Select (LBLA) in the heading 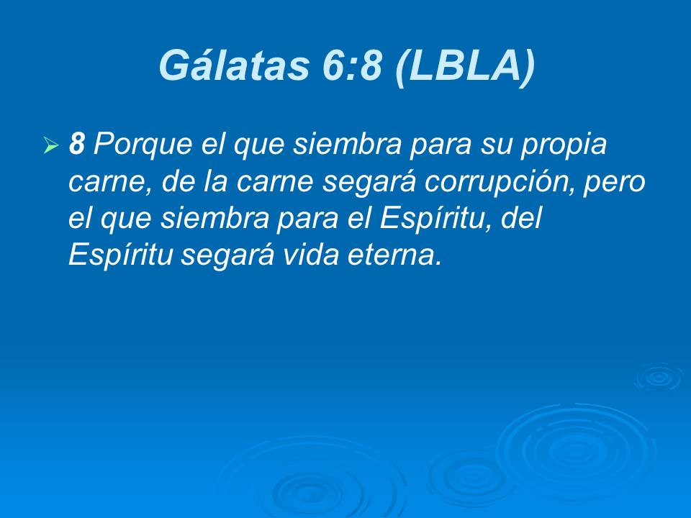tap(466, 65)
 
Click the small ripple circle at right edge tap(658, 377)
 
